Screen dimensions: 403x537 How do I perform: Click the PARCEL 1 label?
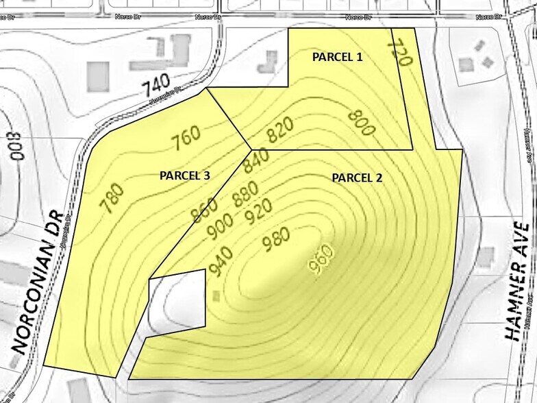coord(338,58)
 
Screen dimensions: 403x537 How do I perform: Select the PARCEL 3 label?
coord(184,175)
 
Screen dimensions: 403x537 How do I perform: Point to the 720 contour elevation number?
coord(400,53)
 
